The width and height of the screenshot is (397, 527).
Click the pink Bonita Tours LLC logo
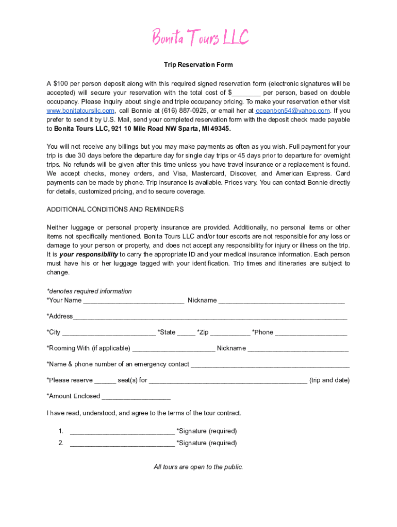pos(200,37)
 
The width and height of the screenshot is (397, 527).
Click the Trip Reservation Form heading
pos(198,65)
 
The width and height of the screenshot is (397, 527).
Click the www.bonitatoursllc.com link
pos(80,111)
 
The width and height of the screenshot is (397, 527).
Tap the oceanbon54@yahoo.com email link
pos(293,111)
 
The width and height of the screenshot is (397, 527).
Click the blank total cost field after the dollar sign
pos(246,93)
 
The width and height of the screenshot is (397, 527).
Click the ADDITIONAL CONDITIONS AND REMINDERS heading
pos(115,209)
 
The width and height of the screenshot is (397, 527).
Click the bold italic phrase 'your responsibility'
pos(89,255)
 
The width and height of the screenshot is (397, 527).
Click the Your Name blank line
pos(134,301)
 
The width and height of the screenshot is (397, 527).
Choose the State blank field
pos(186,333)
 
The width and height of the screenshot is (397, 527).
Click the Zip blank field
pos(230,333)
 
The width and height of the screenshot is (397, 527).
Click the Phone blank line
pos(311,333)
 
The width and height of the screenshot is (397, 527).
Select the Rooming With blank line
pos(174,349)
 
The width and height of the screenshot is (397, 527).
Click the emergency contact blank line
pos(270,365)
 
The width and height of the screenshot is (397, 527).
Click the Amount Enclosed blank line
pos(136,397)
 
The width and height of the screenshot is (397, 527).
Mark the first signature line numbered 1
pos(122,432)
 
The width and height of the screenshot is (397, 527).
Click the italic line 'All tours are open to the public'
pos(198,467)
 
